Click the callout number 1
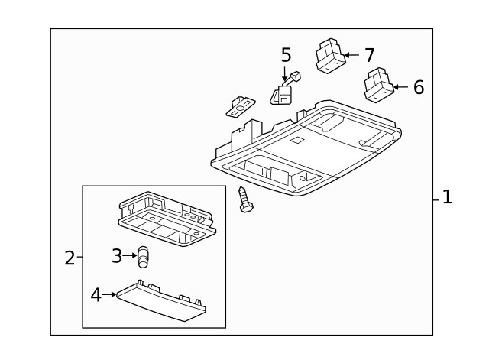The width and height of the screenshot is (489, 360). [447, 197]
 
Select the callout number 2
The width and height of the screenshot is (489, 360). [70, 258]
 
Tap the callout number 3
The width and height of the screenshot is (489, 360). [117, 256]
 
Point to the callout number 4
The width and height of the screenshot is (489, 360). [96, 294]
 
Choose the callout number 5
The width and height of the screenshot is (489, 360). [286, 55]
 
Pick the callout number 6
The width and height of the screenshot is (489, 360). [418, 87]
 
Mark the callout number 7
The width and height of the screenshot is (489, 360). [369, 55]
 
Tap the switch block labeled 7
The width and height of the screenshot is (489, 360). [330, 56]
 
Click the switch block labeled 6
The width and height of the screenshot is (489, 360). [379, 86]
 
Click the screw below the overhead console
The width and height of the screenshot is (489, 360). [245, 200]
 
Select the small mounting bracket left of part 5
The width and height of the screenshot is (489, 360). [240, 106]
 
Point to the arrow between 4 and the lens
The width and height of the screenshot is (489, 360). [108, 294]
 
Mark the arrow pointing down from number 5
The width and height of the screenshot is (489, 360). [286, 74]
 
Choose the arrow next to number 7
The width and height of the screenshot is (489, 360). [351, 55]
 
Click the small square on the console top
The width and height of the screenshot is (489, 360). [297, 140]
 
